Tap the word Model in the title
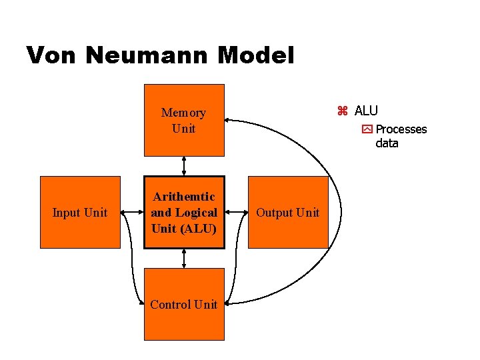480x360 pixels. tap(255, 55)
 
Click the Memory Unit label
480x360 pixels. tap(183, 121)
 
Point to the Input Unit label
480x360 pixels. tap(80, 213)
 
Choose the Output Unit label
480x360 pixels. tap(288, 213)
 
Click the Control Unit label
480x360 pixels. tap(184, 305)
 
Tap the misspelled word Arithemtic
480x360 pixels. tap(184, 197)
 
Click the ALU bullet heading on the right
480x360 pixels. tap(366, 111)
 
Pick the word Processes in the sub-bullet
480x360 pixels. tap(401, 129)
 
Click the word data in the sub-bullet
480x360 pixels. tap(387, 143)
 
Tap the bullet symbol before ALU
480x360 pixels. tap(343, 111)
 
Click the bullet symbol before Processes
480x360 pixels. tap(367, 129)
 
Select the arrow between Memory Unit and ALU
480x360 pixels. tap(184, 166)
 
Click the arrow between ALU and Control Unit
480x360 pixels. tap(184, 258)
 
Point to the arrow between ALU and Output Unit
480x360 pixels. tap(237, 213)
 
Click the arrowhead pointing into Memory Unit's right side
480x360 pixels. tap(229, 120)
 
